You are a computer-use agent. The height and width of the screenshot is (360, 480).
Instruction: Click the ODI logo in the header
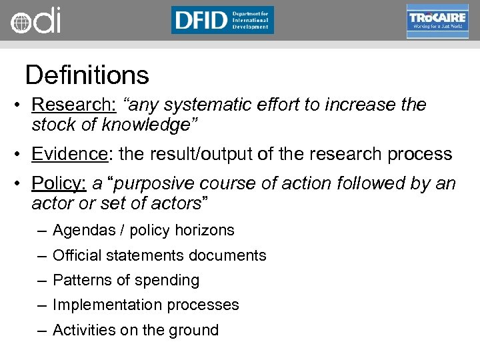coord(35,21)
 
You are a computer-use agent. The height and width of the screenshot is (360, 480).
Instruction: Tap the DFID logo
coord(222,20)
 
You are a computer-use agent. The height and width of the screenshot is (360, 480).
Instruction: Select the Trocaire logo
coord(437,21)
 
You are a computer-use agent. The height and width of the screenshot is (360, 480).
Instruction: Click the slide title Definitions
coord(87,75)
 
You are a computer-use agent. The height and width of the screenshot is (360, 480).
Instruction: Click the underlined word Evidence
coord(69,154)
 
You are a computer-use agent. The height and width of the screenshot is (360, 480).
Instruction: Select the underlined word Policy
coord(59,183)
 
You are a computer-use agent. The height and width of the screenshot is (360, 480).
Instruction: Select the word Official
coord(75,255)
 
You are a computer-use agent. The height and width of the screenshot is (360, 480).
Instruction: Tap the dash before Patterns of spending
coord(42,280)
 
